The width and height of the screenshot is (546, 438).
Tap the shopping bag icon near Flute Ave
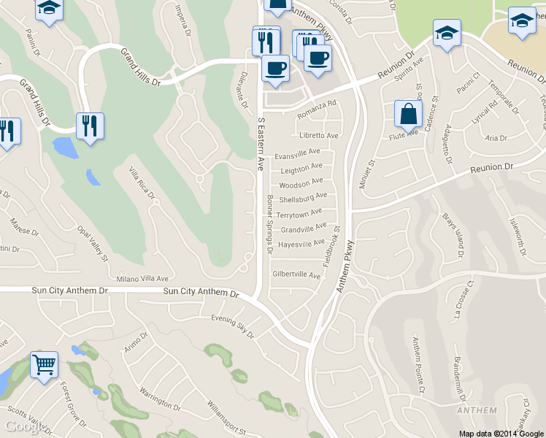408,115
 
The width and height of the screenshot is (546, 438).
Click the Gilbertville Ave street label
296,275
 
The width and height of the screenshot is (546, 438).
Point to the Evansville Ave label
298,155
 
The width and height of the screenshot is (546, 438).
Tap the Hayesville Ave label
301,244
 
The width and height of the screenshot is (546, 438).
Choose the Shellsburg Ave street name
303,197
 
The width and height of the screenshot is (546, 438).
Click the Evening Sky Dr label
232,326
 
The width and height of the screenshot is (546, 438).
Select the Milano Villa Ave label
142,279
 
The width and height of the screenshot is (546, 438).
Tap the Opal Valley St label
93,242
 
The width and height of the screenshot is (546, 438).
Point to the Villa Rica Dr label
142,182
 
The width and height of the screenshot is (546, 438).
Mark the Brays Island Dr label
453,235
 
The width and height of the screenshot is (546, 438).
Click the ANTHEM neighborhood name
476,410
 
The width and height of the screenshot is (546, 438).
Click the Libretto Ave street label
319,135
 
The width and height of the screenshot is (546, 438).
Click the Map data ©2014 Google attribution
501,434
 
